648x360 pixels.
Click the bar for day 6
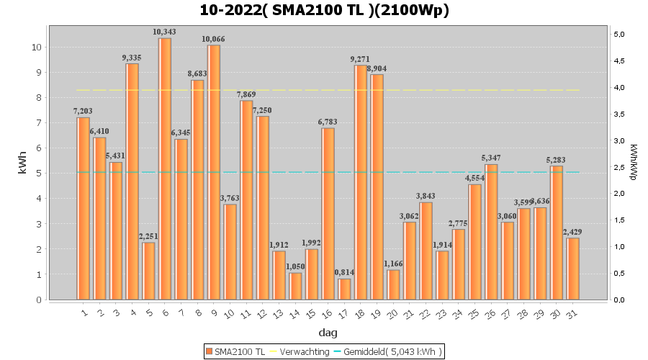(165, 169)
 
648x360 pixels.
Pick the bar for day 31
(572, 269)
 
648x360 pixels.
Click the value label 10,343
(164, 32)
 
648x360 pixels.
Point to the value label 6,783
(328, 122)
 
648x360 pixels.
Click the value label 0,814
(344, 272)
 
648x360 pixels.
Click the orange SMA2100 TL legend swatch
(210, 351)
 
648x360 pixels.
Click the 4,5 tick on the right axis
(619, 60)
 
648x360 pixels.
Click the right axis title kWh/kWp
(633, 162)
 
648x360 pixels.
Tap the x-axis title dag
(328, 333)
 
